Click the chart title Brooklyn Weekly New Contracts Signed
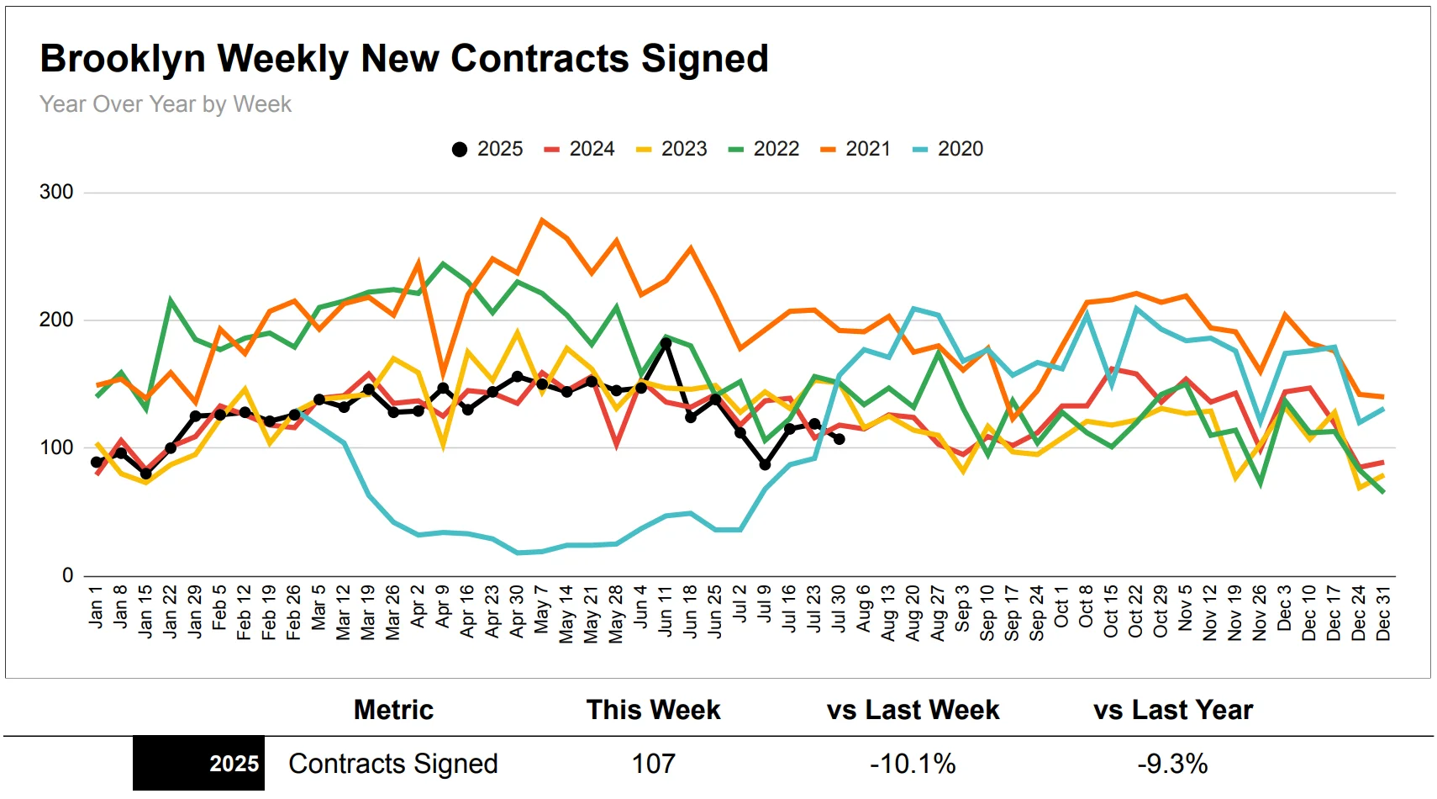404,59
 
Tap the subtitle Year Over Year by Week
166,104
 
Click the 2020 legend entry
948,149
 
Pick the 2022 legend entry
764,149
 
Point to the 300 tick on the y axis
56,192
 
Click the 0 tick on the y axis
67,575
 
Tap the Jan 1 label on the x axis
96,607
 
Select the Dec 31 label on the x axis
1383,613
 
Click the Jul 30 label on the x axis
839,609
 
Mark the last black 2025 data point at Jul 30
839,439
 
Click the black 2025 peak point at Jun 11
666,343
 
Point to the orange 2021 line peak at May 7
542,220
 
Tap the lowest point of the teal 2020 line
518,553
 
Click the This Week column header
653,710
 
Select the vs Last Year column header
1172,710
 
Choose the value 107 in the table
653,764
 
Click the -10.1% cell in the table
913,764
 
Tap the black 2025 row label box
198,764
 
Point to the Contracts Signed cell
393,764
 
